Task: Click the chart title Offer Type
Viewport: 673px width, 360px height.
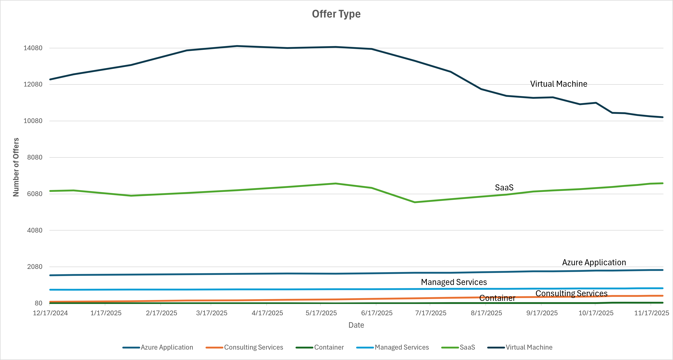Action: [336, 14]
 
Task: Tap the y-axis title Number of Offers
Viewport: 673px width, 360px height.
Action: [16, 167]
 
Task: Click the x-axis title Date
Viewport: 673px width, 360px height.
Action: [356, 325]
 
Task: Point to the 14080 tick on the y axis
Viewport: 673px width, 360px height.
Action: [33, 48]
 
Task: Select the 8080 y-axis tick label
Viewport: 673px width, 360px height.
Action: [35, 157]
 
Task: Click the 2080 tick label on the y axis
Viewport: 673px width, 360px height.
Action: [35, 267]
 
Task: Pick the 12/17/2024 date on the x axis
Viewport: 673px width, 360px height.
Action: [50, 313]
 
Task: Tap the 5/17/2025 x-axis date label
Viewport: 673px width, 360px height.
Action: [321, 313]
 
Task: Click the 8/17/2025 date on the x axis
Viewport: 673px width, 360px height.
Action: [486, 313]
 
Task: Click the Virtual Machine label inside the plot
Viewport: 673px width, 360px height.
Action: [559, 84]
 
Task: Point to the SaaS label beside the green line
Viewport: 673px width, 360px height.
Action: [504, 188]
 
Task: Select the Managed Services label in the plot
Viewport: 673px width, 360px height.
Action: [454, 282]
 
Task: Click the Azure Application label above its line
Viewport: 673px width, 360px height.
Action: [594, 262]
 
